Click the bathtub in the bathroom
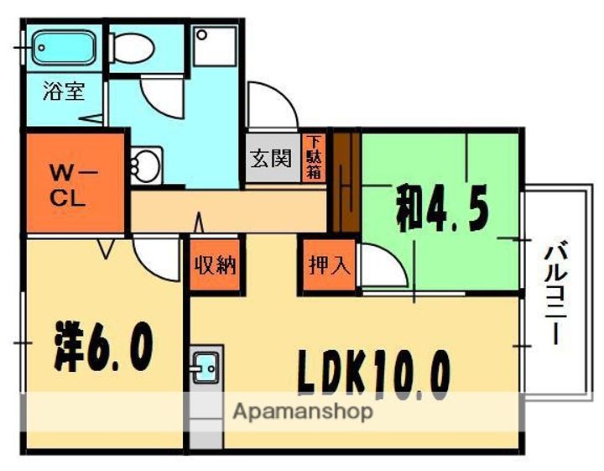point(64,48)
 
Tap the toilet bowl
point(133,48)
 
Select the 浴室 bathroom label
point(64,91)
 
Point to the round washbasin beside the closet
point(145,165)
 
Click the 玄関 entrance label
point(271,158)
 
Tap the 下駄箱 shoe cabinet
point(315,157)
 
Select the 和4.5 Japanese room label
point(443,209)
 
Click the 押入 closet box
point(330,265)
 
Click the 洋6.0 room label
point(103,346)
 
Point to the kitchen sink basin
point(206,367)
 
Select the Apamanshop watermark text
point(303,411)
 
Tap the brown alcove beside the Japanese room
point(346,182)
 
